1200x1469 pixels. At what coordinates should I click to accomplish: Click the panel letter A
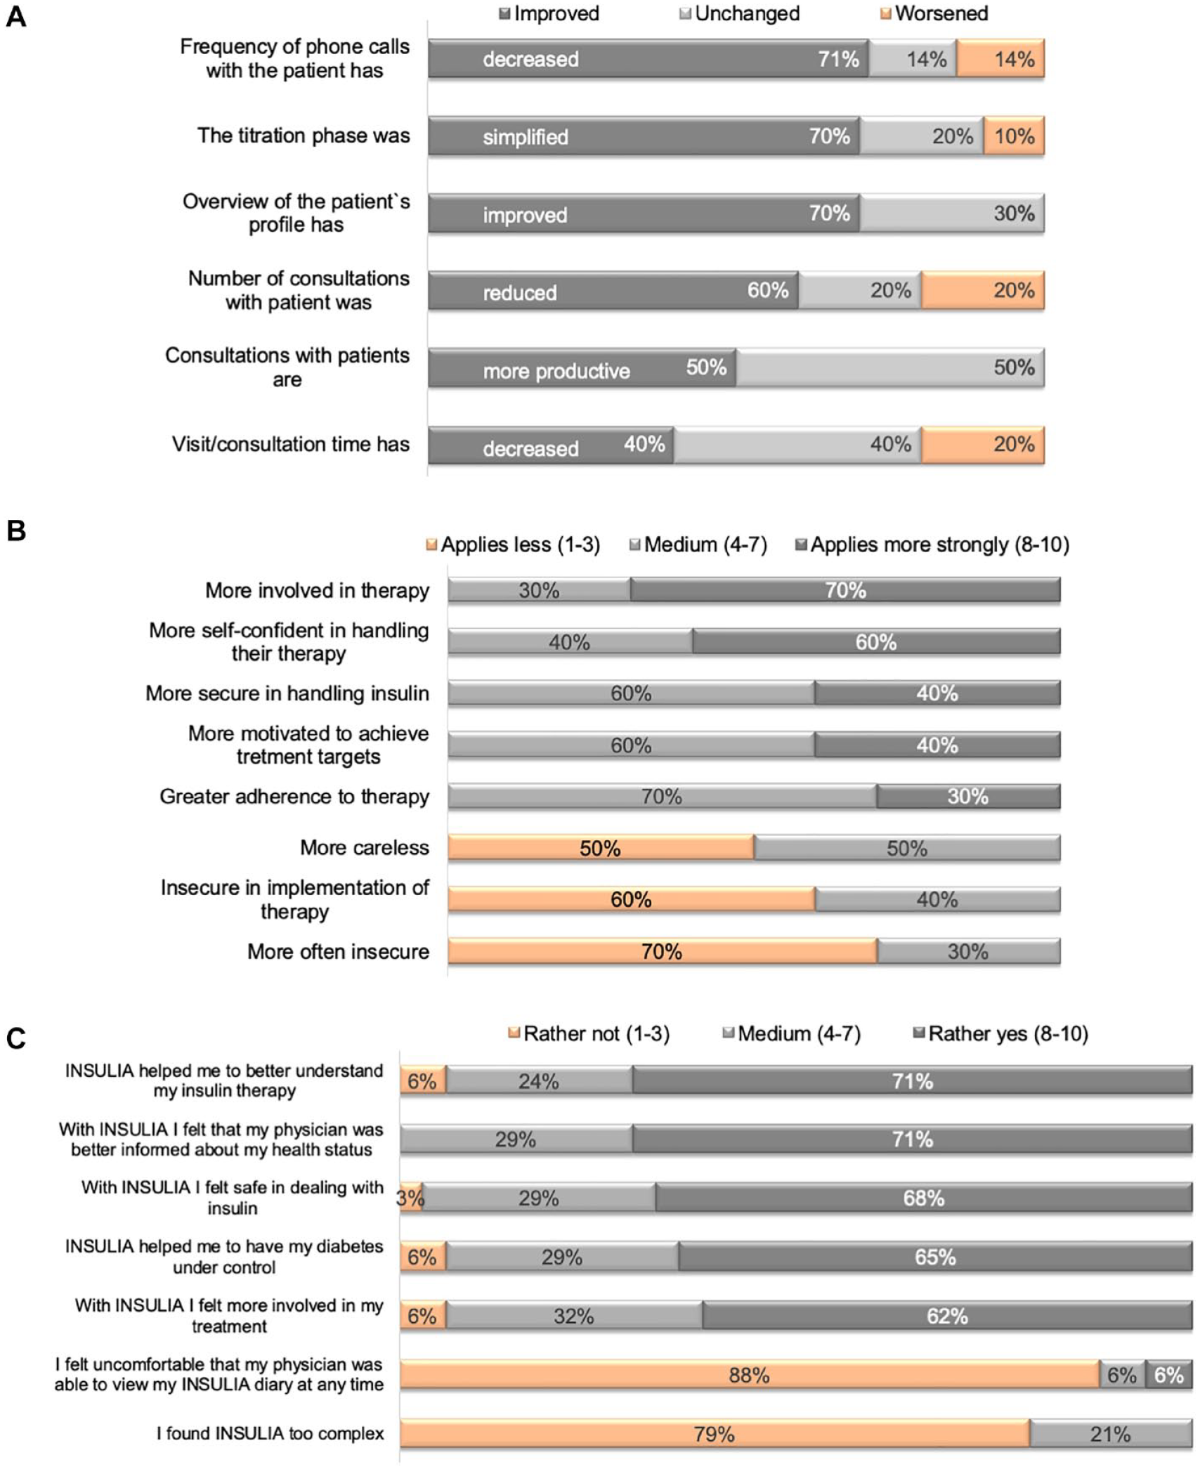point(15,16)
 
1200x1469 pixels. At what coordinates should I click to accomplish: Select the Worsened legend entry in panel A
point(934,13)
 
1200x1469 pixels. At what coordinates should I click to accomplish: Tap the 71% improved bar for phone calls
point(648,58)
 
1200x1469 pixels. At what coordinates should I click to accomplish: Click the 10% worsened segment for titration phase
point(1014,136)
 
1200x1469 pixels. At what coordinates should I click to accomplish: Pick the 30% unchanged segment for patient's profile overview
point(952,213)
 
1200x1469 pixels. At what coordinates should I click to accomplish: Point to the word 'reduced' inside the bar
point(519,292)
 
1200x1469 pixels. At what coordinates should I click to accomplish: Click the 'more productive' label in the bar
point(556,370)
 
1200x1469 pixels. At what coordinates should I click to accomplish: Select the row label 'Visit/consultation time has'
point(291,444)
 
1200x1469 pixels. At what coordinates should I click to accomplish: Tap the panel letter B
point(15,530)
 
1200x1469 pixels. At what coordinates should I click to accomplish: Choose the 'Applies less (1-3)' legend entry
point(513,544)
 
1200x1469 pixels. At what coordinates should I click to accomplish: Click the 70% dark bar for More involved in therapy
point(845,590)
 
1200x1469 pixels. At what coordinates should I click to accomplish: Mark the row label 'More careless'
point(364,847)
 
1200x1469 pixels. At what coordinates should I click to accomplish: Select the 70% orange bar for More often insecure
point(662,951)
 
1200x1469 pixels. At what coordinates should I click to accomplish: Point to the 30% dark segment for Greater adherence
point(968,796)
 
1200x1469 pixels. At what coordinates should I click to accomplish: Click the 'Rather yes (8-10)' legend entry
point(1000,1033)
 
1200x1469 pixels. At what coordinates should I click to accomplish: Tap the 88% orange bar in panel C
point(749,1374)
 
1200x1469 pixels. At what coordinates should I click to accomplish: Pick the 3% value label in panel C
point(410,1198)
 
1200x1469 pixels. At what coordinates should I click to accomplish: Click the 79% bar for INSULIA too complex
point(715,1433)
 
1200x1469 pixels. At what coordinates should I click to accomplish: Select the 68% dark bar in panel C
point(923,1197)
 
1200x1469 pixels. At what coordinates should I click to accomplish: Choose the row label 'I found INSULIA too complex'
point(270,1433)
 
